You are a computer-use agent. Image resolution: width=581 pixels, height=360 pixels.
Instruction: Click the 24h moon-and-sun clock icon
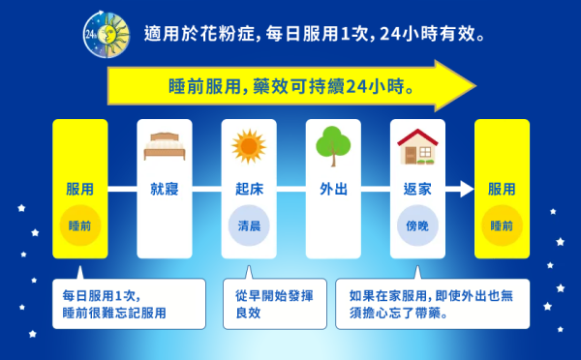coord(103,35)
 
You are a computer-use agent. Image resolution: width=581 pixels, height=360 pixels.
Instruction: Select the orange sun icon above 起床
coord(249,146)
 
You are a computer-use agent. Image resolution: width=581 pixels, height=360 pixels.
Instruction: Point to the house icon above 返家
coord(417,146)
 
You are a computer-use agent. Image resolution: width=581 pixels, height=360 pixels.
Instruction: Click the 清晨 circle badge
coord(249,225)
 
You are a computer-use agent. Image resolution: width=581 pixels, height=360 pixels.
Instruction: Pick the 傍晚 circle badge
coord(417,225)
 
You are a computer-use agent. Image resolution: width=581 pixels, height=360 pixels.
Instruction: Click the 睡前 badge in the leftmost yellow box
coord(80,225)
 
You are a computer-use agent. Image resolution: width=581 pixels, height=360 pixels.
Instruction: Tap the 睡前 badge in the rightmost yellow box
coord(502,225)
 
